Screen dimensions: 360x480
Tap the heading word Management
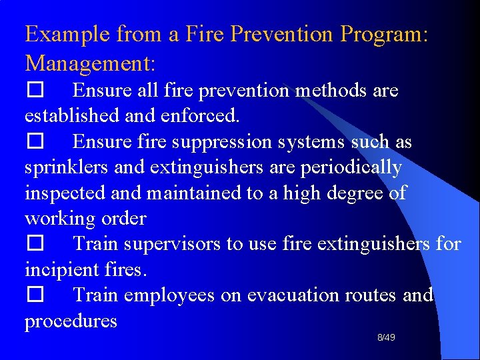[x=90, y=63]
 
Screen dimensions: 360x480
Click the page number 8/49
[x=386, y=338]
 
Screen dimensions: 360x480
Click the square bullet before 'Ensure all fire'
[x=35, y=91]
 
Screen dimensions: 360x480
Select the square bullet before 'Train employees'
[x=35, y=295]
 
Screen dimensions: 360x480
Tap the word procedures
[x=71, y=321]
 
